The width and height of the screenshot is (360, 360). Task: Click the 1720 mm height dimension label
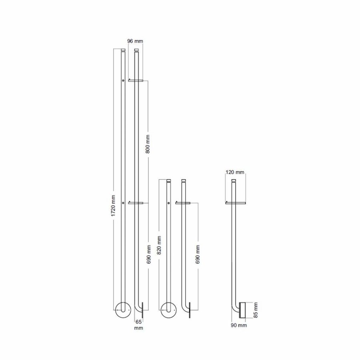114,206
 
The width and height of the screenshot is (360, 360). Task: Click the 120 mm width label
235,172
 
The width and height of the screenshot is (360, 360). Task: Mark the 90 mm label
239,326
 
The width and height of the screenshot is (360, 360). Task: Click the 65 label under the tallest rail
138,321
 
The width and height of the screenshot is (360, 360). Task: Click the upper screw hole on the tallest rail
123,81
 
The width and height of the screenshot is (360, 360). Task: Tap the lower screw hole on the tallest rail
123,203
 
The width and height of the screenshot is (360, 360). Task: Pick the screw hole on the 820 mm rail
168,203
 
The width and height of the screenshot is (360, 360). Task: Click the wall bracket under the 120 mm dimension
235,203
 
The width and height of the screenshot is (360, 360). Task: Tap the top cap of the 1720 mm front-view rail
123,50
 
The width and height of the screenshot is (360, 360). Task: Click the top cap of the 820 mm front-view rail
168,180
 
